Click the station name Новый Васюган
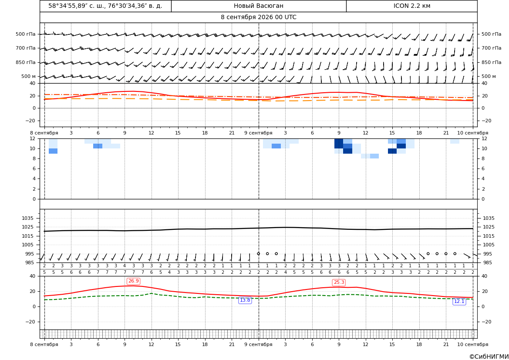[x=258, y=6]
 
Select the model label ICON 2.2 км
[x=411, y=6]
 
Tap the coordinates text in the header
[x=105, y=6]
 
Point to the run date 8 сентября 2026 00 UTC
[x=258, y=17]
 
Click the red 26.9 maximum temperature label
[x=133, y=281]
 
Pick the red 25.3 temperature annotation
[x=339, y=283]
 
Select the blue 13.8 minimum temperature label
[x=245, y=300]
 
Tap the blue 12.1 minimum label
[x=459, y=302]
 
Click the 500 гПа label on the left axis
[x=25, y=34]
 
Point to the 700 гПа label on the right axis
[x=491, y=48]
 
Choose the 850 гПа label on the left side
[x=25, y=62]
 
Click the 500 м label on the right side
[x=489, y=76]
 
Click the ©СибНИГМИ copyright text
[x=489, y=357]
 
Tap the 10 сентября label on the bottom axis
[x=473, y=344]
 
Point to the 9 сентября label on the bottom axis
[x=258, y=344]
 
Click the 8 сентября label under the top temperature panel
[x=44, y=133]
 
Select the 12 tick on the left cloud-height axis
[x=33, y=138]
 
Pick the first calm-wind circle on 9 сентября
[x=258, y=253]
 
